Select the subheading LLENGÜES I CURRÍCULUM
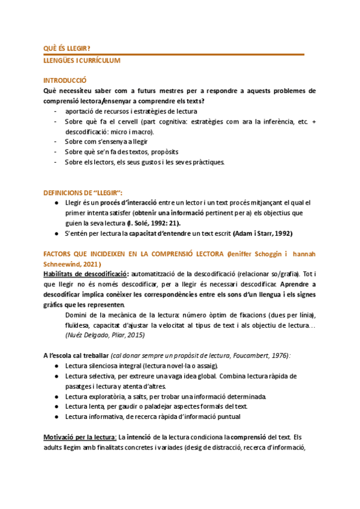click(82, 61)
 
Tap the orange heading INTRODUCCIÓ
click(65, 80)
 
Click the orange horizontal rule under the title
click(174, 55)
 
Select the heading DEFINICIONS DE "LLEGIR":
click(83, 193)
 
